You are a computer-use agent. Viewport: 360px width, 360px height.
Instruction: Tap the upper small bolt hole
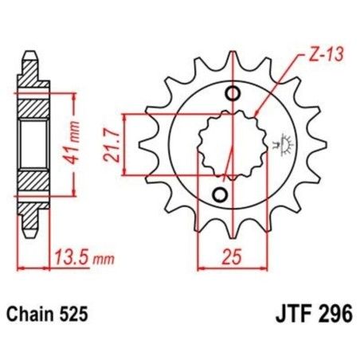point(233,94)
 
